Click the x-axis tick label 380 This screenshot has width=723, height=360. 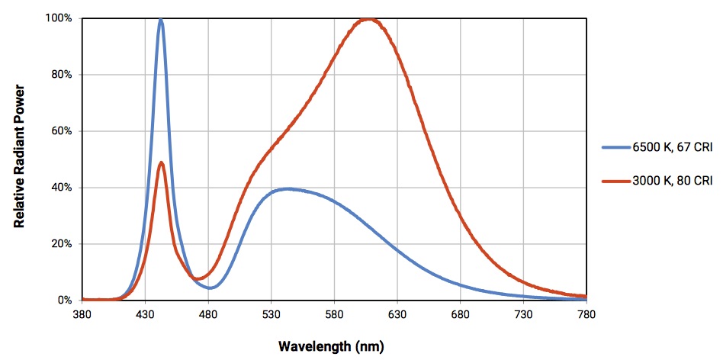point(82,314)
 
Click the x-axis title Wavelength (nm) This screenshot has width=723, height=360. point(331,346)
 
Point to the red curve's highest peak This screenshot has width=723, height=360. point(370,20)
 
